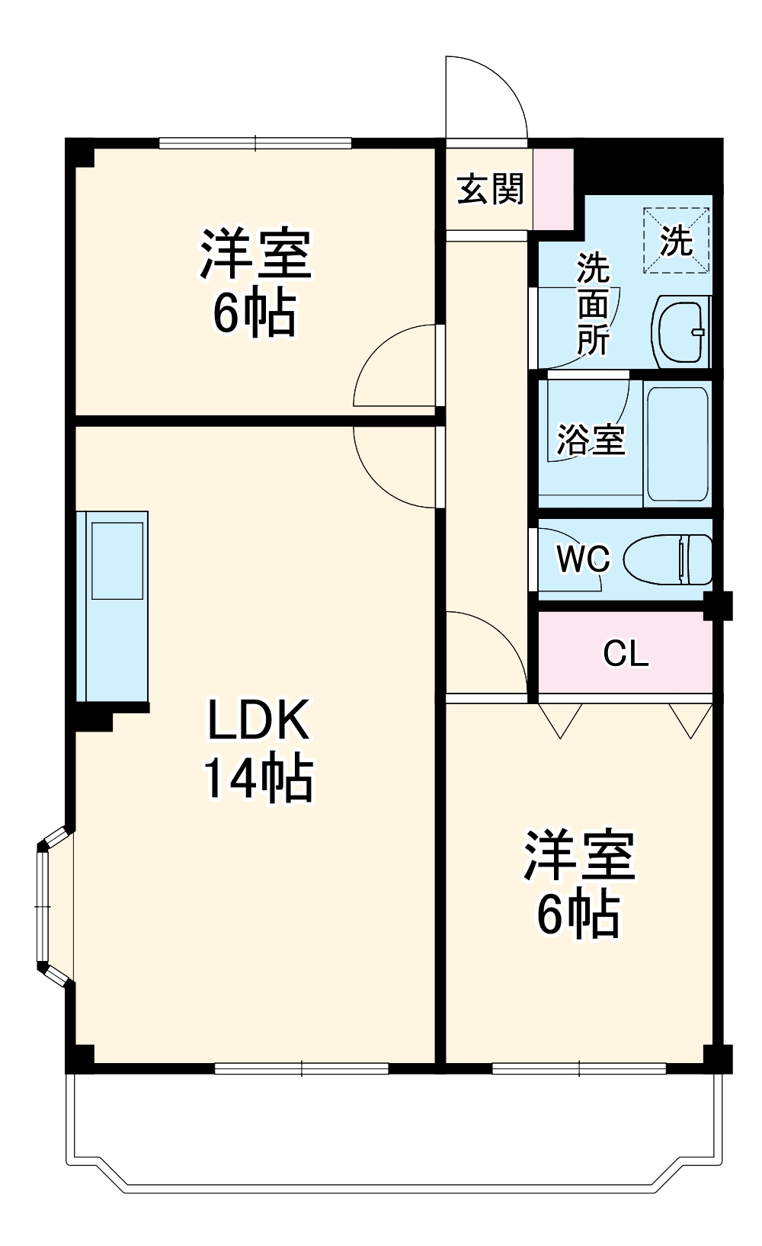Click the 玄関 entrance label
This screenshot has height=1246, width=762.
point(490,190)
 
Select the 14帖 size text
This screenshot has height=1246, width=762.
point(258,777)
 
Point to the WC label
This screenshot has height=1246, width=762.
point(583,559)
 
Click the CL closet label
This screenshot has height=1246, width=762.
point(626,653)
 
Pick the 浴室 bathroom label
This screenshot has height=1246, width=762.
point(591,440)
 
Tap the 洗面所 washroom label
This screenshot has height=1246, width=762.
point(593,303)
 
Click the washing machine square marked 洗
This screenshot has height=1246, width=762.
point(677,242)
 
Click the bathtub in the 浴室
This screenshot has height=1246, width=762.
point(677,444)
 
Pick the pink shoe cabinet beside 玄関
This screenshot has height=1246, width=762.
point(552,188)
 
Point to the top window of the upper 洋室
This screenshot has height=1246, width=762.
point(255,142)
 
